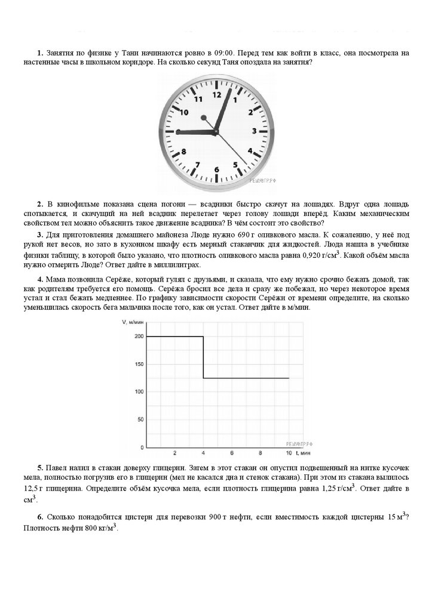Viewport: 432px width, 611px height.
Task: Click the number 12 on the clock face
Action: (x=216, y=94)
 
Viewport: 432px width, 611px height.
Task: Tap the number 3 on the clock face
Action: (x=254, y=131)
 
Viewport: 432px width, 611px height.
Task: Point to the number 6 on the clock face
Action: (x=216, y=169)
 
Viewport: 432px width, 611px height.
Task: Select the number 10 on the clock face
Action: (x=184, y=112)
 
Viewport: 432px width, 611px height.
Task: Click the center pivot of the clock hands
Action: (x=215, y=131)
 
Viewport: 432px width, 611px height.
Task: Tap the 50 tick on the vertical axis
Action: (x=140, y=419)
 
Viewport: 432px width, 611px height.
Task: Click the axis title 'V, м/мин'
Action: (x=134, y=322)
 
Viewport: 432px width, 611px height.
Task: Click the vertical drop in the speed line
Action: (x=204, y=357)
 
